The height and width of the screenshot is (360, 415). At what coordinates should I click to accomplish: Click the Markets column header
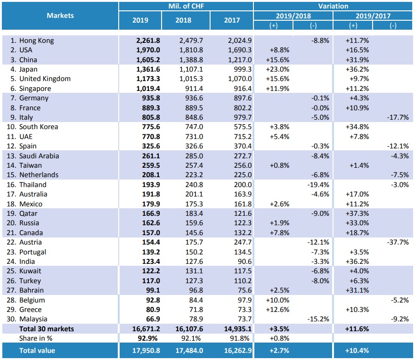pyautogui.click(x=60, y=16)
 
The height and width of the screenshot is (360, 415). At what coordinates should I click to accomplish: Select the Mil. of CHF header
pyautogui.click(x=186, y=6)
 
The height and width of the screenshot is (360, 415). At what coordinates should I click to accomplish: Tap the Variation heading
pyautogui.click(x=333, y=6)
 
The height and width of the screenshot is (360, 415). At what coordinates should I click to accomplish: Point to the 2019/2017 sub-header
pyautogui.click(x=373, y=16)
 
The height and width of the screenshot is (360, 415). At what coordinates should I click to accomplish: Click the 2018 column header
pyautogui.click(x=183, y=20)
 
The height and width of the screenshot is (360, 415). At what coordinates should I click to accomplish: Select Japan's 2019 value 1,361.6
pyautogui.click(x=148, y=69)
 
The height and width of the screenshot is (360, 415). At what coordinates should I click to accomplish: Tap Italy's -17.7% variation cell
pyautogui.click(x=398, y=117)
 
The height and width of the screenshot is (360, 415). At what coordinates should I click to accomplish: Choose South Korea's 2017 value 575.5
pyautogui.click(x=243, y=127)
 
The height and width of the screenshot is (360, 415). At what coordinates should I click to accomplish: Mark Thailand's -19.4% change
pyautogui.click(x=318, y=185)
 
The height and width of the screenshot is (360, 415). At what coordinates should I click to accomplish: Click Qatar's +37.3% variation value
pyautogui.click(x=357, y=213)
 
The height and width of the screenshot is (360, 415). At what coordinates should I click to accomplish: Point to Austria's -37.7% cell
pyautogui.click(x=398, y=242)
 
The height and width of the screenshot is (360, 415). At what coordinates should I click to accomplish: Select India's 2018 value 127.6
pyautogui.click(x=194, y=262)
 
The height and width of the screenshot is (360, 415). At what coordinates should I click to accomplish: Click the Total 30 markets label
pyautogui.click(x=47, y=329)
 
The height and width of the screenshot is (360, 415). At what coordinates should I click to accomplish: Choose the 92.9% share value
pyautogui.click(x=148, y=338)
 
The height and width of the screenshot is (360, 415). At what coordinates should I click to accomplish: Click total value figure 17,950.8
pyautogui.click(x=146, y=351)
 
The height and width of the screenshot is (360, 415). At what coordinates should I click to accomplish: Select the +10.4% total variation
pyautogui.click(x=357, y=351)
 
